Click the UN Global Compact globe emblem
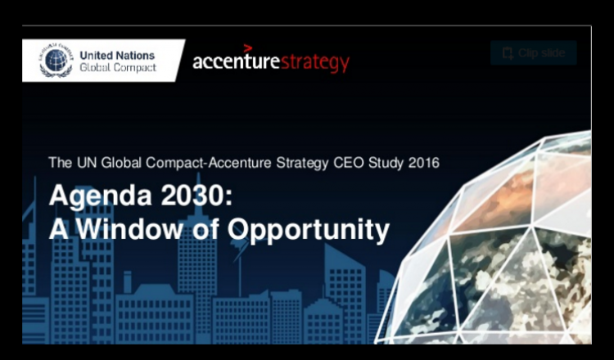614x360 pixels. (56, 61)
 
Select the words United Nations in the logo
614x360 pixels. (117, 56)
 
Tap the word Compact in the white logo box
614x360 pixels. (133, 68)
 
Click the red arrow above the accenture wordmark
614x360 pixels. (248, 48)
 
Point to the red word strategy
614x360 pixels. (315, 63)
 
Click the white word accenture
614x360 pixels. (236, 62)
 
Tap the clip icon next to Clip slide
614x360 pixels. (508, 53)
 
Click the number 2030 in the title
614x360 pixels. (196, 196)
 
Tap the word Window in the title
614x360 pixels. (129, 228)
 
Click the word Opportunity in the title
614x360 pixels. (309, 231)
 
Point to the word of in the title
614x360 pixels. (205, 228)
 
